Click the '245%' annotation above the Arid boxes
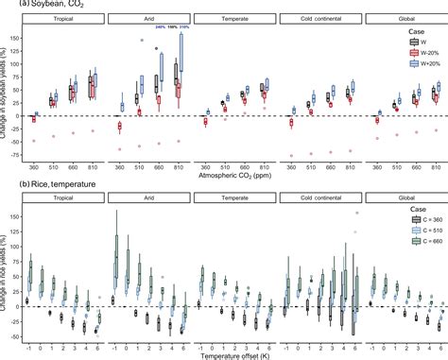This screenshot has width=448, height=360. click(161, 27)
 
